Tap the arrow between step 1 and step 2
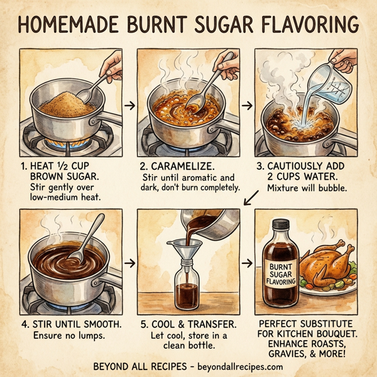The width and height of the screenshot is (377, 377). [x=129, y=106]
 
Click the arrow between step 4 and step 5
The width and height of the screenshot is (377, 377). [x=129, y=263]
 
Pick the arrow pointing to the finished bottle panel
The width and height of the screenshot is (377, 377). [x=249, y=263]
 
